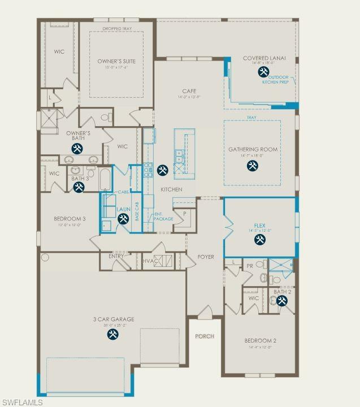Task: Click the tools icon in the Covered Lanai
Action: coord(263,72)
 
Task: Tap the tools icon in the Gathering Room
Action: coord(252,166)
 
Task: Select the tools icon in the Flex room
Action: coord(259,240)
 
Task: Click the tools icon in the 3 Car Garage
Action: coord(113,335)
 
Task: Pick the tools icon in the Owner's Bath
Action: coord(77,148)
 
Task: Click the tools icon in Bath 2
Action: coord(282,301)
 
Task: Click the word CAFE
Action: coord(189,91)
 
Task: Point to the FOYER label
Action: coord(206,257)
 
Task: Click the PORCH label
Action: coord(205,336)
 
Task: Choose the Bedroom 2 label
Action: coord(260,341)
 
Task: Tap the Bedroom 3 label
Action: coord(70,219)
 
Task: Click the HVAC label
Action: coord(149,261)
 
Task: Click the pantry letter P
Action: coord(184,214)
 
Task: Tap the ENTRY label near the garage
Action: coord(116,256)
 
